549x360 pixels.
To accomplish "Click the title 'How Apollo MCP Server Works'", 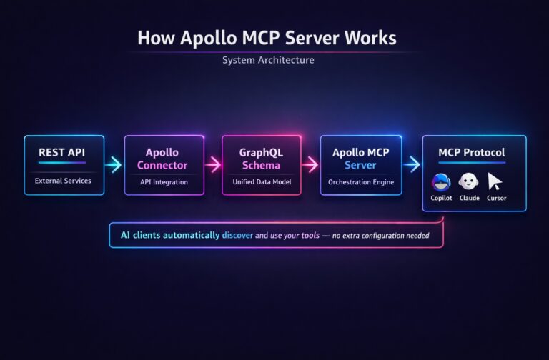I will [x=267, y=38].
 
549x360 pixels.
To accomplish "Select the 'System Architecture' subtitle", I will [x=267, y=60].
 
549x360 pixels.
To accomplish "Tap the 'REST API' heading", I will [x=64, y=152].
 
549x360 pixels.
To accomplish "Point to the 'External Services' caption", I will [x=64, y=181].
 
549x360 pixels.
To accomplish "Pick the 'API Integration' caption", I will [x=164, y=182].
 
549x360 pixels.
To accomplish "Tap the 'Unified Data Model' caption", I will [x=262, y=182].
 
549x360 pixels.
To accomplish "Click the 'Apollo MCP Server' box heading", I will [x=360, y=159].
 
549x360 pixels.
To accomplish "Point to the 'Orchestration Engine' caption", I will [x=360, y=182].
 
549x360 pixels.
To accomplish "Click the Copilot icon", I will [x=441, y=181].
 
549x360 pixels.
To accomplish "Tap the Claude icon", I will [x=469, y=181].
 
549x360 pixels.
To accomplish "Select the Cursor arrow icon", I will [x=495, y=181].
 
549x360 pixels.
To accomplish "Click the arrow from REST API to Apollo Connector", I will [x=113, y=165].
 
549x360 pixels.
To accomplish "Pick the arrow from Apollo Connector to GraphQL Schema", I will [x=212, y=165].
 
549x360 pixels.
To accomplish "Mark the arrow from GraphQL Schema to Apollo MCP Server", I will [x=310, y=165].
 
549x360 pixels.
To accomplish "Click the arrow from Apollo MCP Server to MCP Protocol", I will [x=411, y=165].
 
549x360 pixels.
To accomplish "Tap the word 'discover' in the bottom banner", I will [x=237, y=235].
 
